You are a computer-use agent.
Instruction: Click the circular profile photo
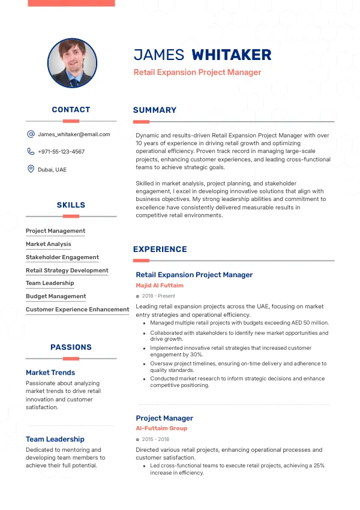point(71,64)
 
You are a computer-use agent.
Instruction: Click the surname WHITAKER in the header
point(231,55)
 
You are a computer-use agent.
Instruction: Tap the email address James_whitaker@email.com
point(74,134)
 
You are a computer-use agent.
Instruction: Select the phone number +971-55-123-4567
point(61,152)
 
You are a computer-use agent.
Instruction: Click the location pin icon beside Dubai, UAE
point(31,169)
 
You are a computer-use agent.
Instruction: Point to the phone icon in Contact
point(31,152)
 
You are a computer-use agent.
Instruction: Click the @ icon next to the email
point(31,134)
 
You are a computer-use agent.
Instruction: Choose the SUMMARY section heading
point(155,110)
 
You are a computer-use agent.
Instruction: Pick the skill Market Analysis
point(49,244)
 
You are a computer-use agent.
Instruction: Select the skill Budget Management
point(56,296)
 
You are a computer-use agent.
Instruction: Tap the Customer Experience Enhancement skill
point(77,310)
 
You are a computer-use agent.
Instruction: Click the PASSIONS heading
point(71,347)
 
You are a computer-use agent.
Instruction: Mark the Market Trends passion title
point(50,373)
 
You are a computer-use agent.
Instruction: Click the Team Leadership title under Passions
point(55,439)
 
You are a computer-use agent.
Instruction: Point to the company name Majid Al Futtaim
point(160,286)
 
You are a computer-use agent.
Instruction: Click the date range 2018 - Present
point(158,296)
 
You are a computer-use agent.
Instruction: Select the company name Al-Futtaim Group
point(161,428)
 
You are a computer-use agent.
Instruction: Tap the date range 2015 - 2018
point(156,439)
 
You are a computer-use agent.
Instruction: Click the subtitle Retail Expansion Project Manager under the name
point(197,73)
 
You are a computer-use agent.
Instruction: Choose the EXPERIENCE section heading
point(160,249)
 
